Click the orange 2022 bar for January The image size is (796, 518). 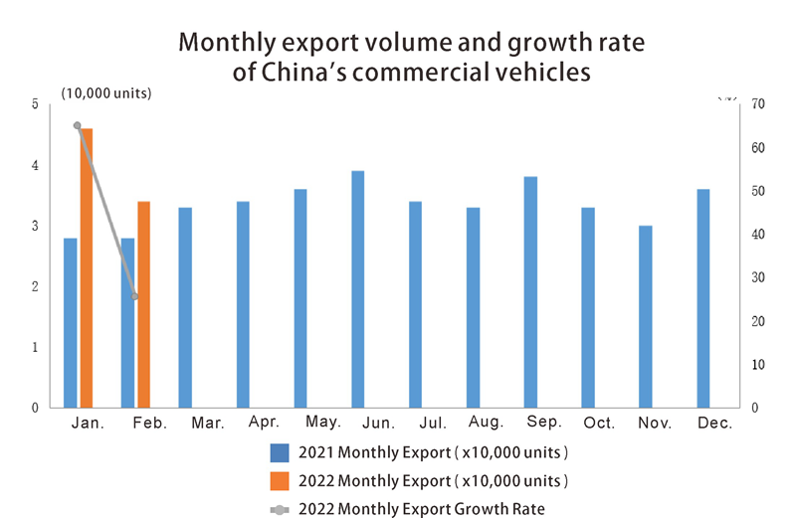pyautogui.click(x=87, y=268)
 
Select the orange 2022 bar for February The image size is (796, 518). pyautogui.click(x=143, y=304)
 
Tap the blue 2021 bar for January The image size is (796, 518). pyautogui.click(x=70, y=323)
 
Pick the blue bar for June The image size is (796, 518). pyautogui.click(x=358, y=289)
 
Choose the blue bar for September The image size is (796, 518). pyautogui.click(x=530, y=292)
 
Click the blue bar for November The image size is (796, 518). pyautogui.click(x=645, y=316)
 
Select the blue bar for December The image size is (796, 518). pyautogui.click(x=702, y=298)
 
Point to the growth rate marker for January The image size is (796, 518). pyautogui.click(x=77, y=125)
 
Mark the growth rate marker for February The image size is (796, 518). pyautogui.click(x=135, y=296)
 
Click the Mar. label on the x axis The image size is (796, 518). pyautogui.click(x=207, y=424)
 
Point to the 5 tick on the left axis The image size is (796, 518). pyautogui.click(x=35, y=104)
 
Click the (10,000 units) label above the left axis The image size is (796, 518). pyautogui.click(x=105, y=93)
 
